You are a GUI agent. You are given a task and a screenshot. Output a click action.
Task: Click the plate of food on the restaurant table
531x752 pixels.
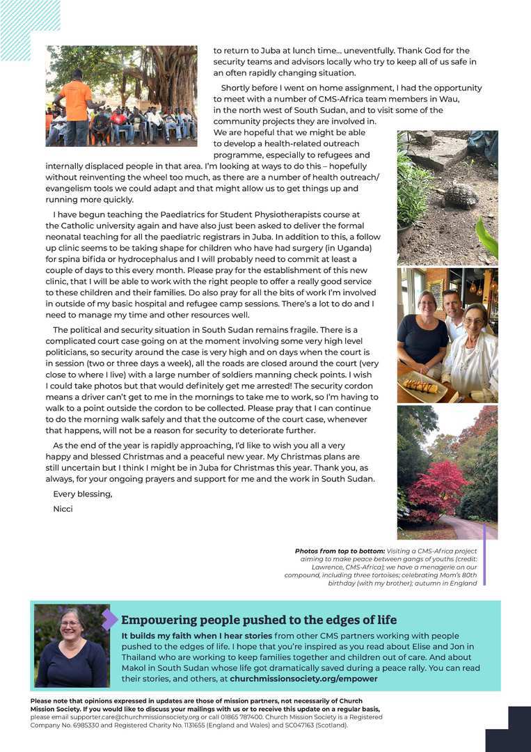(x=421, y=385)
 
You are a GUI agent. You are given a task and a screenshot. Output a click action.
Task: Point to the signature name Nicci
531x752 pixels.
(x=63, y=509)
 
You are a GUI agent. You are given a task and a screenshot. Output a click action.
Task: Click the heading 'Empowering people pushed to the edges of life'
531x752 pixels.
(x=259, y=620)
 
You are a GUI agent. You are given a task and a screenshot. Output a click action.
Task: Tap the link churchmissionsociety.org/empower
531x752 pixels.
(x=303, y=678)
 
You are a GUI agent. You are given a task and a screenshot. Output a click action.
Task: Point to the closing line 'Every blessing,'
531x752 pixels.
(x=82, y=494)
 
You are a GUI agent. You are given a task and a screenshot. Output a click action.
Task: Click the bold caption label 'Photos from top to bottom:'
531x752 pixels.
(x=339, y=551)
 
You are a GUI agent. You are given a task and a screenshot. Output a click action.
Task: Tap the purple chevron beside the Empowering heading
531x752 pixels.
(x=109, y=619)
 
